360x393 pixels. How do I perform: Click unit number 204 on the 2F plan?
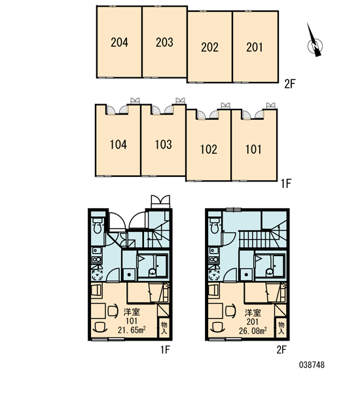pos(119,42)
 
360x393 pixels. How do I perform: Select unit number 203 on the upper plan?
pos(164,42)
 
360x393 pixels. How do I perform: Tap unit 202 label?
pos(209,47)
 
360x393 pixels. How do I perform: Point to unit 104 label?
pos(118,145)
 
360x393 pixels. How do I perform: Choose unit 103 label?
pos(164,145)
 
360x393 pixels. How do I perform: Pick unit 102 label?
pos(208,149)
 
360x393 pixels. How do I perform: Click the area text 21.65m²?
pos(132,330)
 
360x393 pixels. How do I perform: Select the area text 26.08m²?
pos(253,331)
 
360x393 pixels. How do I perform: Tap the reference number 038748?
pos(312,365)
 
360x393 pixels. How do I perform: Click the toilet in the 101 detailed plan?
pos(97,225)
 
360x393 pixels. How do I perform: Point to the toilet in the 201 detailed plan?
pos(214,225)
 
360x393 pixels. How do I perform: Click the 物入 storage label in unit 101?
pos(164,327)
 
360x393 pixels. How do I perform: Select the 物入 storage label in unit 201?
pos(281,327)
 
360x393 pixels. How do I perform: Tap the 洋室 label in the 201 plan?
pos(253,313)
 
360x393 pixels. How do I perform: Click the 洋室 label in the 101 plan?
pos(132,312)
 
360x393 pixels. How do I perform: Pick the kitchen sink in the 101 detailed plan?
pos(96,251)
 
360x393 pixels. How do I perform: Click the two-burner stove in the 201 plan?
pos(213,259)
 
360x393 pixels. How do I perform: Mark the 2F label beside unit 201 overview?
pos(290,84)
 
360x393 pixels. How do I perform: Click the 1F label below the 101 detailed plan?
pos(165,349)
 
